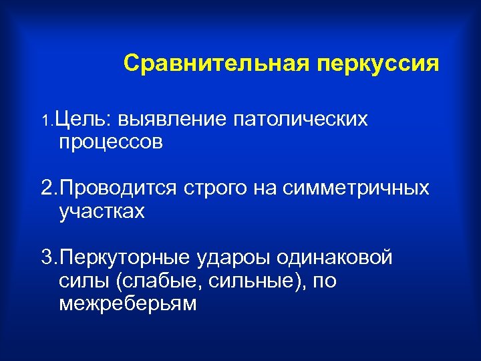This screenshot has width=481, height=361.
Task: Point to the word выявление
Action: [x=173, y=120]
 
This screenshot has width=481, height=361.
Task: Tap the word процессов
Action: [x=111, y=142]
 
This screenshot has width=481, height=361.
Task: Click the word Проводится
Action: [x=115, y=189]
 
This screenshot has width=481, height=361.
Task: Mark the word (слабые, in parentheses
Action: [x=154, y=281]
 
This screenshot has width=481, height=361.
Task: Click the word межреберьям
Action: [x=128, y=304]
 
